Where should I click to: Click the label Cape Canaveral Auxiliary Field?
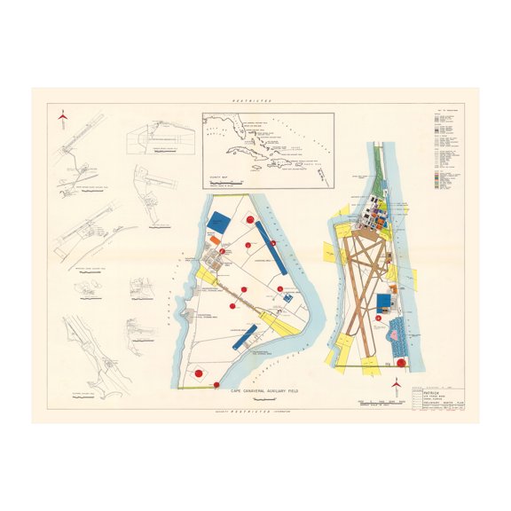pos(262,391)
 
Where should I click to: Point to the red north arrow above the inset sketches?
pos(61,116)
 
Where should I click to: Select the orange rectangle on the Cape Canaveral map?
pos(216,240)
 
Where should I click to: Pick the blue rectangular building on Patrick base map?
pos(384,303)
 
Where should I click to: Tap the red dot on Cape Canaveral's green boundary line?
pos(216,385)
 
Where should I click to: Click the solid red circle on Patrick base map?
pos(401,362)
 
